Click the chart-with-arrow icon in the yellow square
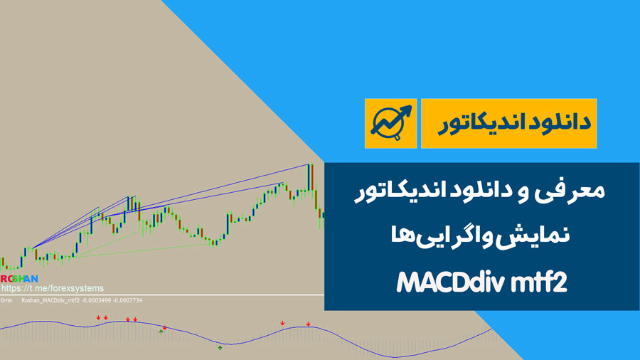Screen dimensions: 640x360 [x=390, y=123]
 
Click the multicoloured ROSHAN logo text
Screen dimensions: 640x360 [x=18, y=279]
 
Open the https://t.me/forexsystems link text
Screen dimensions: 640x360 [x=52, y=288]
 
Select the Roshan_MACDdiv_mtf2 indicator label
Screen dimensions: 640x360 [x=50, y=300]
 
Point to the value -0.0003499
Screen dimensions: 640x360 [x=96, y=300]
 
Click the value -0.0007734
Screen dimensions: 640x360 [x=127, y=300]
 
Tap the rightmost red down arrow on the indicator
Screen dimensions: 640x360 [x=308, y=324]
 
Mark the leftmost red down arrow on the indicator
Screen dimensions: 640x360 [x=98, y=317]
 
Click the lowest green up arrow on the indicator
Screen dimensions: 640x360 [x=220, y=348]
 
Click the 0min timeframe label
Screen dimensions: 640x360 [x=6, y=300]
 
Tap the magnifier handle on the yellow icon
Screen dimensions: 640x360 [x=397, y=138]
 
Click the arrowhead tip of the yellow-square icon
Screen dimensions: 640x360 [x=410, y=107]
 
